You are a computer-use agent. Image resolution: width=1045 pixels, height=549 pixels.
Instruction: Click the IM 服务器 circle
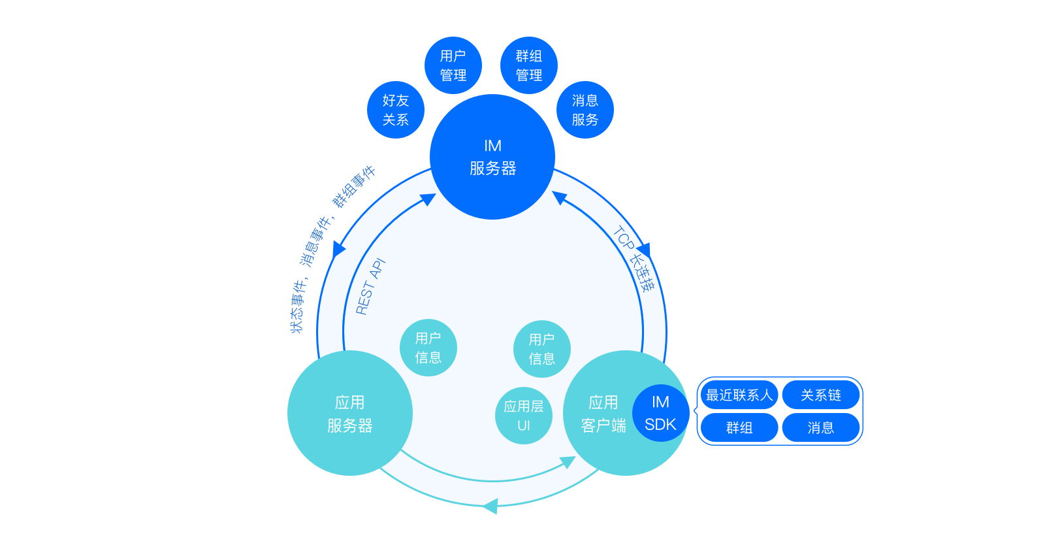(x=492, y=157)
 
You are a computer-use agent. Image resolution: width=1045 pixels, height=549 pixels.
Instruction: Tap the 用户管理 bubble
(x=453, y=65)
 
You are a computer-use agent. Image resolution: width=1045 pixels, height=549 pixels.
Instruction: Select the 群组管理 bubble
(x=529, y=65)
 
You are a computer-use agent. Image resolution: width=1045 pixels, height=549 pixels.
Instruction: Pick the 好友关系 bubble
(x=396, y=110)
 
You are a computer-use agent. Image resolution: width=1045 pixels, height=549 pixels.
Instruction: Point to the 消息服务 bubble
(x=585, y=110)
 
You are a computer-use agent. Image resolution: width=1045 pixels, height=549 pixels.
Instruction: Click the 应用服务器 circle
(x=350, y=413)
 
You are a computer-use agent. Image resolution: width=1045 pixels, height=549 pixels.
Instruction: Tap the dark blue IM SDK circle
(x=660, y=413)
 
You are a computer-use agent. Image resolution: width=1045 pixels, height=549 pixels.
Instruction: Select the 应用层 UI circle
(x=524, y=416)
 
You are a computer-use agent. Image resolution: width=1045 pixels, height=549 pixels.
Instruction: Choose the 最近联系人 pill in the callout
(x=739, y=395)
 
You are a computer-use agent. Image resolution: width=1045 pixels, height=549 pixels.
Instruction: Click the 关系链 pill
(x=821, y=395)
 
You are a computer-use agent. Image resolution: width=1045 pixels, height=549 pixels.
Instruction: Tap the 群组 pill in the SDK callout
(x=739, y=427)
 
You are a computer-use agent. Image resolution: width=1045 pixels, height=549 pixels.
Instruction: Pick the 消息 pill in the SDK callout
(x=821, y=427)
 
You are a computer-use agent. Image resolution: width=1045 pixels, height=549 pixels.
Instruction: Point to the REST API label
(x=371, y=286)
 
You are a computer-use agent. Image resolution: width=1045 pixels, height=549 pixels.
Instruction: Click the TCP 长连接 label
(x=633, y=259)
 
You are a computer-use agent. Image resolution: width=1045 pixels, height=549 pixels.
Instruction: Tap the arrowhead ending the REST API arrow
(x=429, y=199)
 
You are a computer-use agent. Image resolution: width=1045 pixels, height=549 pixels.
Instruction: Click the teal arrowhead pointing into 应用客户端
(x=569, y=463)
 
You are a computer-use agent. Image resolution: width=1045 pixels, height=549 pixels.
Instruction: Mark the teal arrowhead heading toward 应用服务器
(x=490, y=506)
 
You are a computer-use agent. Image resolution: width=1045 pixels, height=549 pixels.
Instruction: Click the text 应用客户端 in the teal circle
(x=603, y=414)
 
